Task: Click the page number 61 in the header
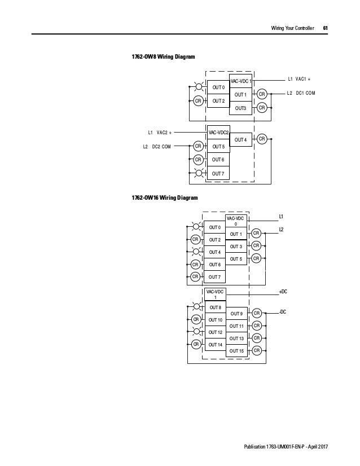(x=326, y=28)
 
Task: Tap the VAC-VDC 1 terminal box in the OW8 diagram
(x=241, y=81)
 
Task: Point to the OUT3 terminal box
(x=241, y=107)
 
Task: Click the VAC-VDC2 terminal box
(x=219, y=133)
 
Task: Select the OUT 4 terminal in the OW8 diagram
(x=241, y=139)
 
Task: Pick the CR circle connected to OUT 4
(x=262, y=139)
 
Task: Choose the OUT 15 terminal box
(x=237, y=351)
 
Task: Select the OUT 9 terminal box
(x=237, y=313)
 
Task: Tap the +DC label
(x=283, y=292)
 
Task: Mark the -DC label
(x=283, y=311)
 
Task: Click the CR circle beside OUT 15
(x=257, y=351)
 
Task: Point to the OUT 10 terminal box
(x=216, y=320)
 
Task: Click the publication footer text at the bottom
(x=284, y=447)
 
